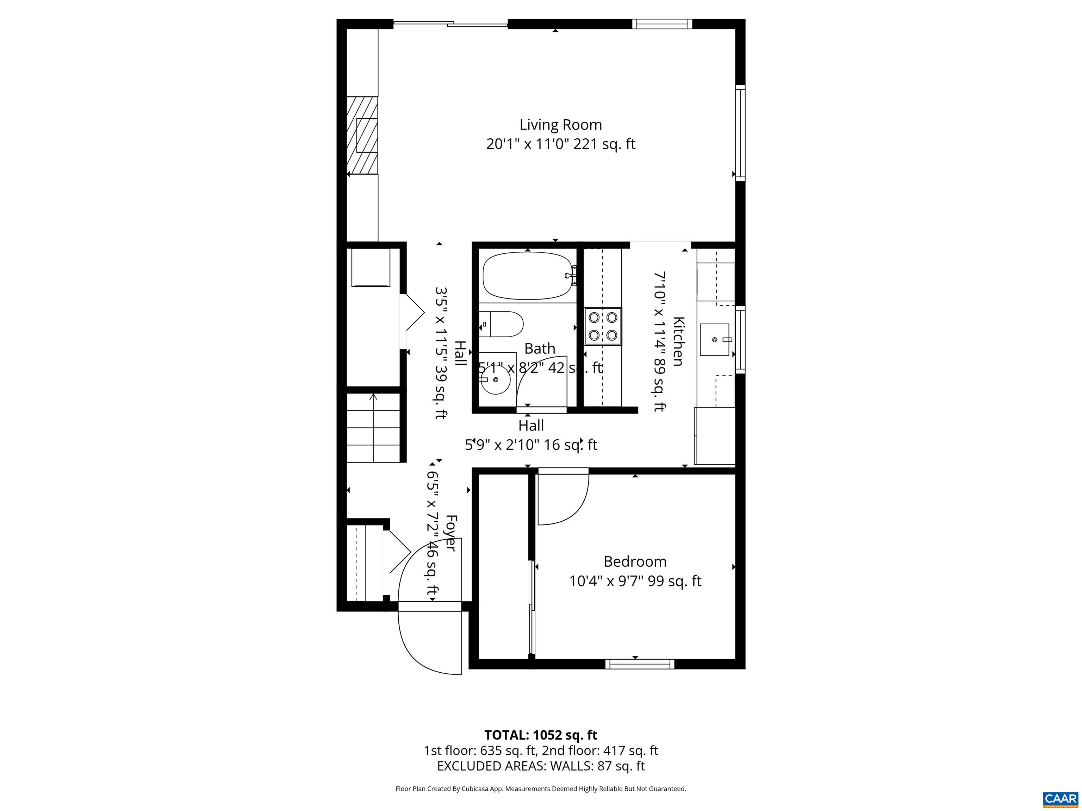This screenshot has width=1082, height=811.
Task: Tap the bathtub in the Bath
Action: (527, 275)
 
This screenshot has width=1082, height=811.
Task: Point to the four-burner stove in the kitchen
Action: (603, 326)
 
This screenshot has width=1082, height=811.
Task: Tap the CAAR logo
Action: (1061, 798)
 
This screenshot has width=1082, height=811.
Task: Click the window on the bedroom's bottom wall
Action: (639, 664)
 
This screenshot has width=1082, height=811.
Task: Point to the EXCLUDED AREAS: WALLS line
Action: (541, 766)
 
